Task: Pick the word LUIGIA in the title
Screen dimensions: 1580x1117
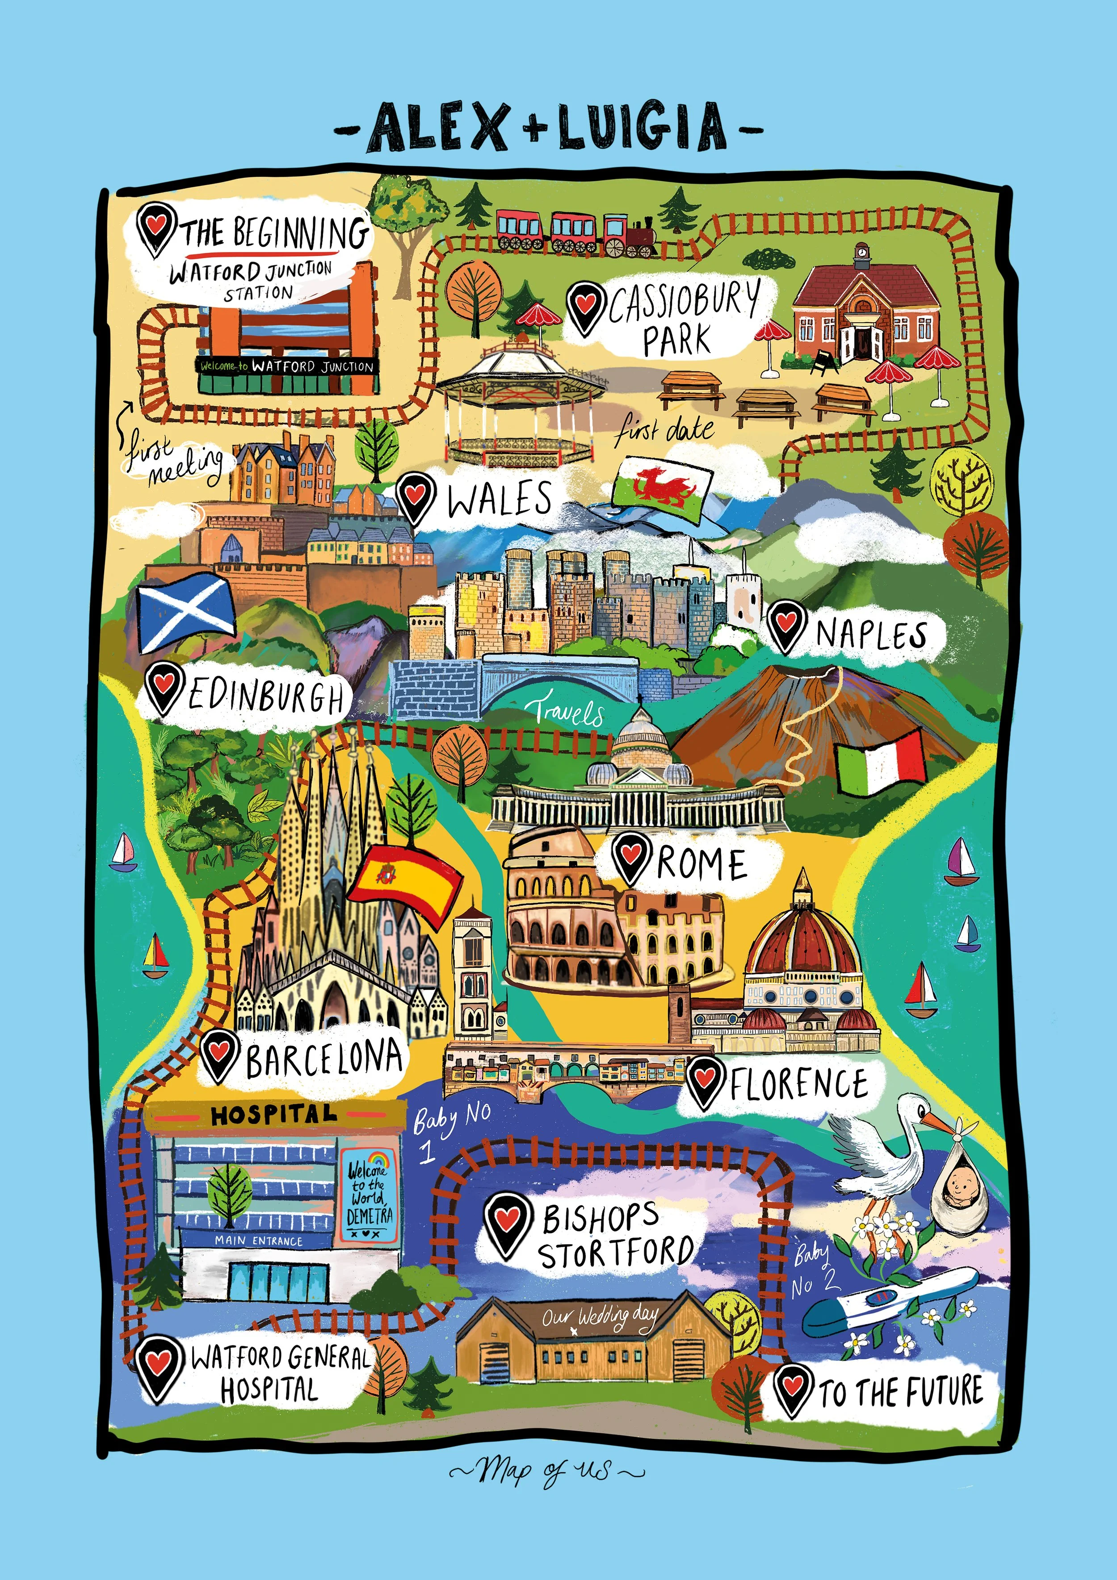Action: point(642,127)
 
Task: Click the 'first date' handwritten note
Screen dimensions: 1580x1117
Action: point(664,430)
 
